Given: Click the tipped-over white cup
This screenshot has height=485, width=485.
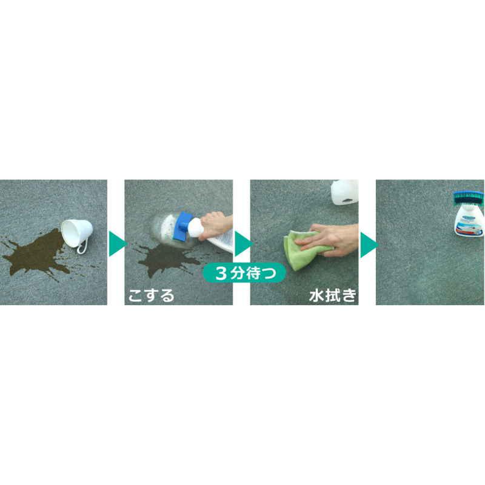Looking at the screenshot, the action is click(77, 233).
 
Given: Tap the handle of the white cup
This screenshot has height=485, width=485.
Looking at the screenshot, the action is click(83, 247).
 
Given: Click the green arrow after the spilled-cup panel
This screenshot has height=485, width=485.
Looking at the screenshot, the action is click(118, 244).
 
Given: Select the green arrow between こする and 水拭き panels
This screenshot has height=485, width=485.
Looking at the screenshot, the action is click(243, 244).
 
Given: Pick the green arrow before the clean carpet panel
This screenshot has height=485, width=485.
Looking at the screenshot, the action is click(369, 245).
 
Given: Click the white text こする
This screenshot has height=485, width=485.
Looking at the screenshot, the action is click(151, 295).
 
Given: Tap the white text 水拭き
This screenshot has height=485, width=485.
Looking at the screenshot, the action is click(333, 295).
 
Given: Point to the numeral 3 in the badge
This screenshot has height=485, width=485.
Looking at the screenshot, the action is click(221, 273).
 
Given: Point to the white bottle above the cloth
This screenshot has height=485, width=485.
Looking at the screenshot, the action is click(345, 192).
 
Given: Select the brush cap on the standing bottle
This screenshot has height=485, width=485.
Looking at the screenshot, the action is click(468, 198).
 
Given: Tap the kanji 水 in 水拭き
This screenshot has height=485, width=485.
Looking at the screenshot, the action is click(316, 296).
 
